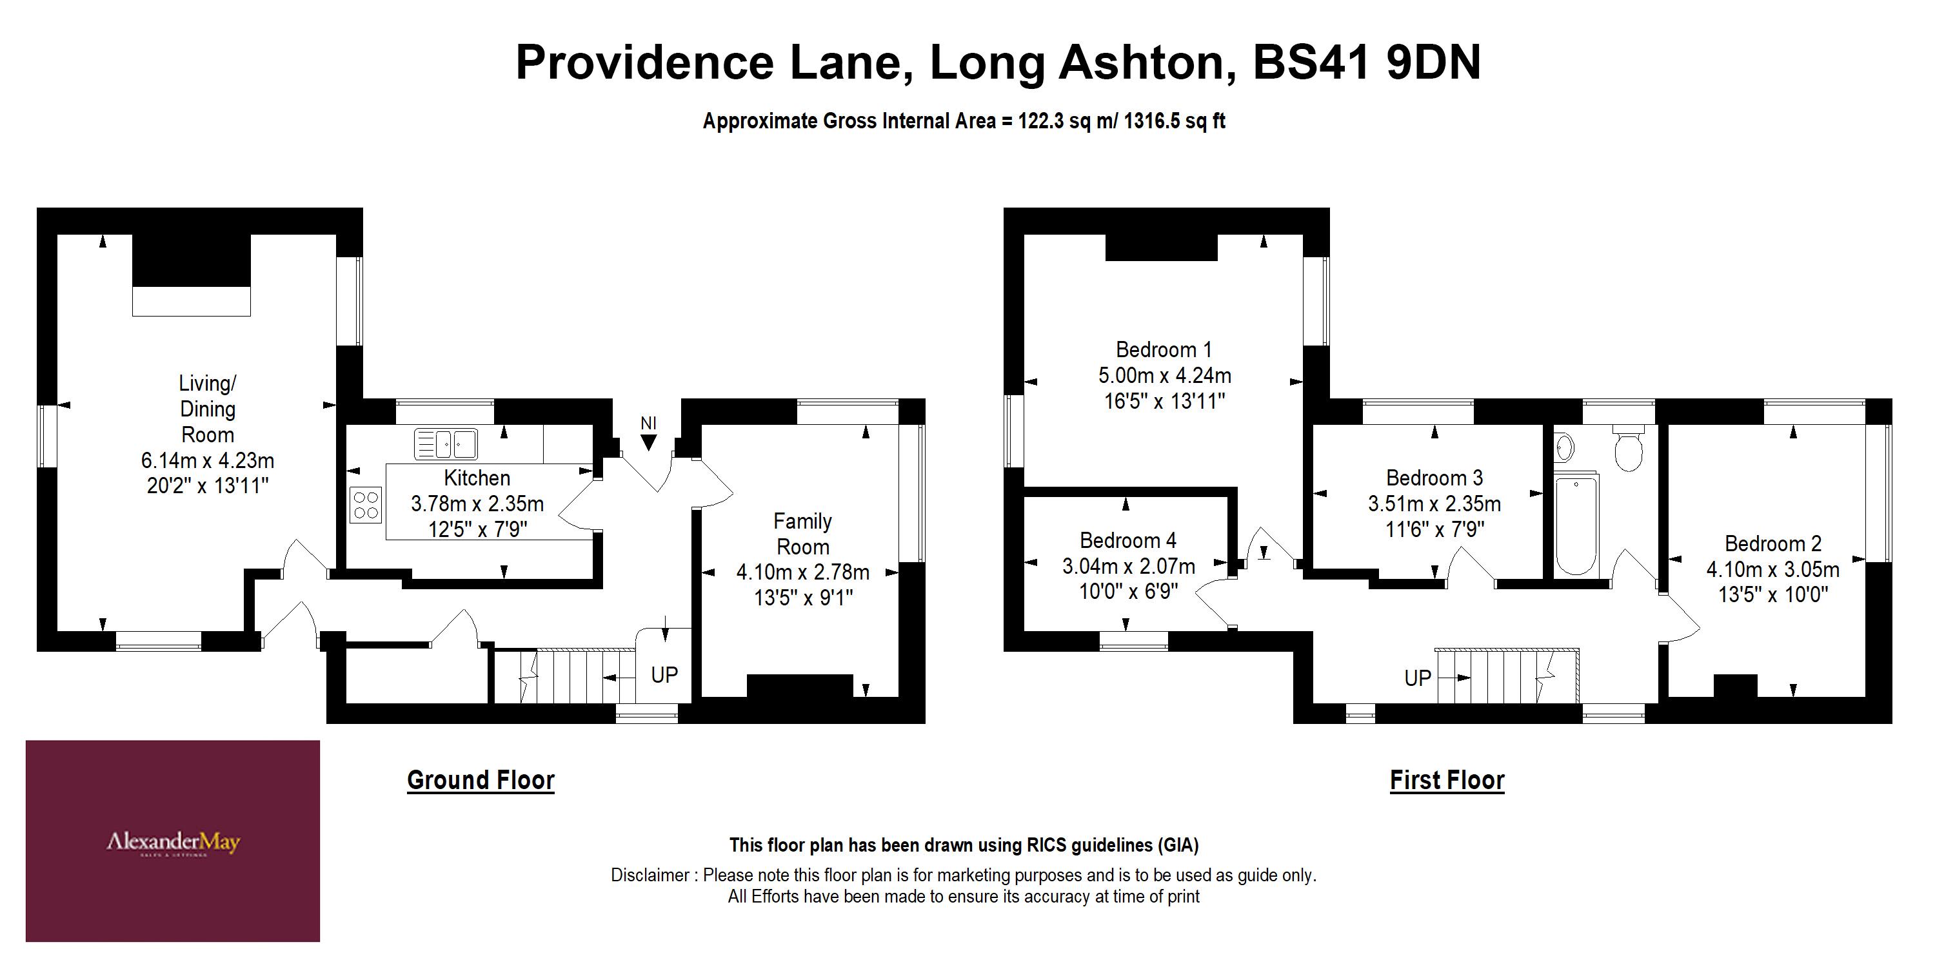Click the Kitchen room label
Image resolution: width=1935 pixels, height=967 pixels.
477,478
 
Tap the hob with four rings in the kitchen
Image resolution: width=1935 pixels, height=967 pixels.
366,505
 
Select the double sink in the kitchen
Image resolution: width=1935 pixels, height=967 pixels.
446,444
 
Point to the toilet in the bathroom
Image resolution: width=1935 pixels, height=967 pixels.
1628,448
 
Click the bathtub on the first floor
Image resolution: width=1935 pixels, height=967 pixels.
1575,524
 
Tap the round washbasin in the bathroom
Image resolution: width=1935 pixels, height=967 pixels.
1565,447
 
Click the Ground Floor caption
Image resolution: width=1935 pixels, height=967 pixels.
481,780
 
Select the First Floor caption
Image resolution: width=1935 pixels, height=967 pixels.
1447,780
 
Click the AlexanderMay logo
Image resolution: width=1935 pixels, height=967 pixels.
173,842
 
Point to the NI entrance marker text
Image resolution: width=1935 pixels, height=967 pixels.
648,424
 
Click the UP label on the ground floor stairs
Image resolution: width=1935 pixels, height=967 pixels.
664,675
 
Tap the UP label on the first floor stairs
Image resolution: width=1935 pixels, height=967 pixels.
1418,678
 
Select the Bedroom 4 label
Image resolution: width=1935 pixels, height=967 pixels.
1127,541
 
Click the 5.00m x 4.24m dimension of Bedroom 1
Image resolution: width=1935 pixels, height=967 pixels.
1164,375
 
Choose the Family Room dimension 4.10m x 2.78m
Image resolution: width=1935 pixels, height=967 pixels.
802,572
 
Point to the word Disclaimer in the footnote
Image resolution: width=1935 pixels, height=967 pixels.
650,875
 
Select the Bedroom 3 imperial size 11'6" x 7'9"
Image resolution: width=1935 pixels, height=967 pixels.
1434,529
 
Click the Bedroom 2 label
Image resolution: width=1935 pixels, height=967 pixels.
1772,543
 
